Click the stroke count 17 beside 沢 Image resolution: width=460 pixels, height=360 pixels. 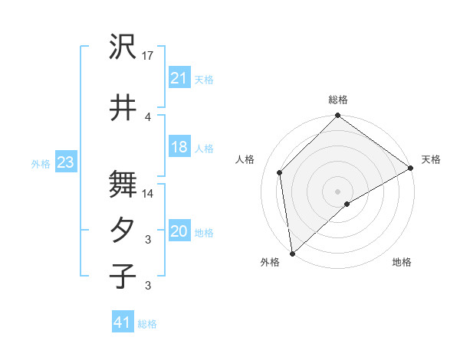pyautogui.click(x=148, y=57)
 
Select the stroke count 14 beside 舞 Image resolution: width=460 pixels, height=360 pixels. pyautogui.click(x=148, y=194)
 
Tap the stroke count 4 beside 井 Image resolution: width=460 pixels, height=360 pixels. pyautogui.click(x=148, y=116)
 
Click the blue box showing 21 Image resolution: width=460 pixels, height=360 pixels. pyautogui.click(x=179, y=78)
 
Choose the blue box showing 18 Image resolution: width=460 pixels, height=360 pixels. pyautogui.click(x=179, y=148)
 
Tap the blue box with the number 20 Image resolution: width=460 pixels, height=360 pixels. pyautogui.click(x=179, y=232)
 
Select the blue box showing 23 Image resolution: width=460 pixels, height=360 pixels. pyautogui.click(x=65, y=162)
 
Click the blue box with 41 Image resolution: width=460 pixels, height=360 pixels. pyautogui.click(x=122, y=323)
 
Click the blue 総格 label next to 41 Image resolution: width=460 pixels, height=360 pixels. pyautogui.click(x=147, y=324)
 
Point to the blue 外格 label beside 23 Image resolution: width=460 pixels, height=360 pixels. pyautogui.click(x=41, y=163)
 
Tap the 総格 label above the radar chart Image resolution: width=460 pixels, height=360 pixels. pyautogui.click(x=338, y=100)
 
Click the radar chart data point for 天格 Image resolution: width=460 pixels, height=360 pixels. pyautogui.click(x=412, y=169)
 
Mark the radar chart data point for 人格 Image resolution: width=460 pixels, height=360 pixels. pyautogui.click(x=280, y=172)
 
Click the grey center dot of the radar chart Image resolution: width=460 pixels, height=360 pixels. pyautogui.click(x=337, y=190)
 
